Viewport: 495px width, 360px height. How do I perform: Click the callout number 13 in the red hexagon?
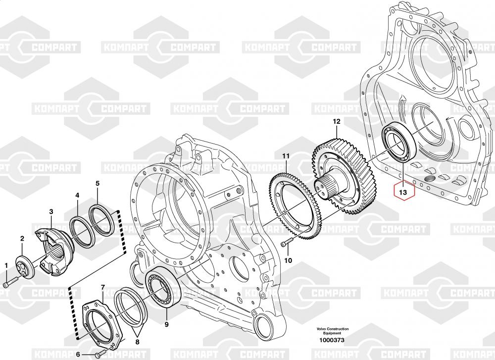click(403, 192)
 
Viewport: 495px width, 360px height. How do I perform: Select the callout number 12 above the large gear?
click(337, 122)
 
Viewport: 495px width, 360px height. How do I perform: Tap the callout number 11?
click(286, 156)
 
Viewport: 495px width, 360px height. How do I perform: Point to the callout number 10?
click(288, 260)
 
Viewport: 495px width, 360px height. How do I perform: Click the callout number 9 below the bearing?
click(166, 324)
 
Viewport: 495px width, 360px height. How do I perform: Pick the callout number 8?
click(137, 342)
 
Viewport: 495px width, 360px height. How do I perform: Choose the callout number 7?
click(103, 287)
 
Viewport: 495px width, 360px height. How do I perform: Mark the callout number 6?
click(78, 355)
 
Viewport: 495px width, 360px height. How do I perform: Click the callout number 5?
click(98, 184)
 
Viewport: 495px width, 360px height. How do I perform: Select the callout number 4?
click(77, 196)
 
